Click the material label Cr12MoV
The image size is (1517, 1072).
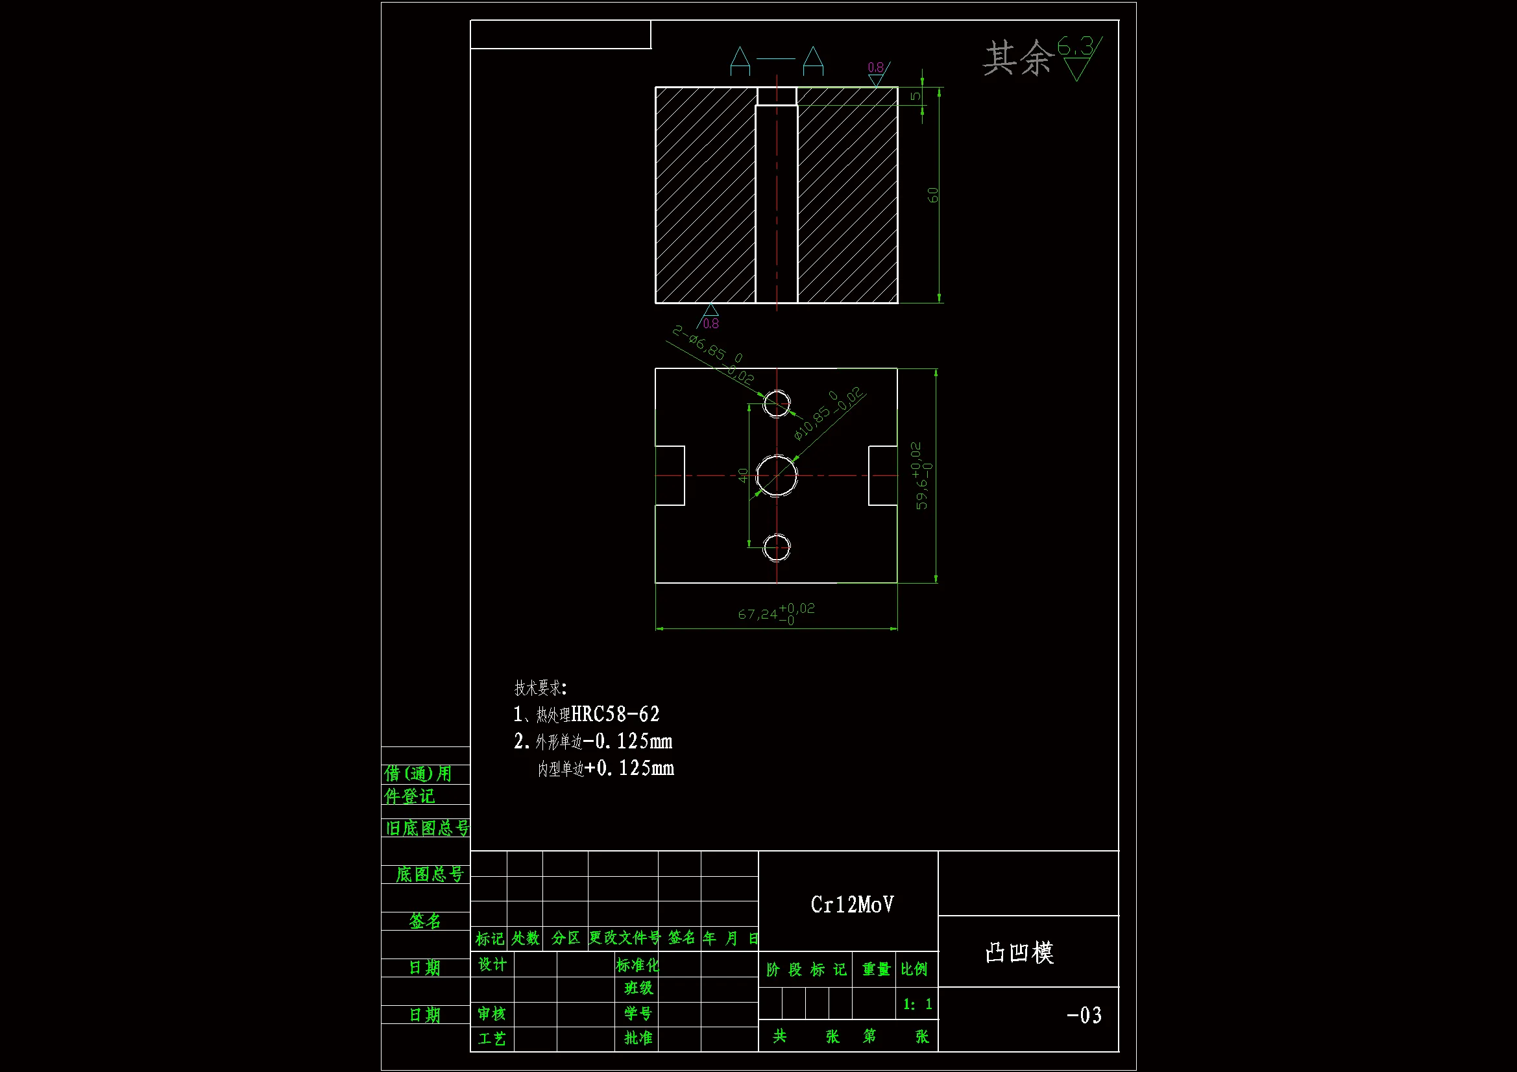tap(852, 904)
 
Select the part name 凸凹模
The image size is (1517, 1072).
tap(1019, 953)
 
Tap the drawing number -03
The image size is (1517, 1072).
tap(1084, 1015)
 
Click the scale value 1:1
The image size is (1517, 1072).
tap(917, 1004)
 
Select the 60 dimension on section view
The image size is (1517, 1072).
tap(932, 195)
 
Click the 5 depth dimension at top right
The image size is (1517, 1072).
tap(915, 96)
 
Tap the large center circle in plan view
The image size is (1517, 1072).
tap(776, 475)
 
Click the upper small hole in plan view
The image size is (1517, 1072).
tap(776, 403)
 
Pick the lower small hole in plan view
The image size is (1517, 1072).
tap(776, 547)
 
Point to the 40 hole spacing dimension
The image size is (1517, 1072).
tap(743, 475)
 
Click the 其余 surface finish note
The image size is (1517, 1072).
tap(1017, 58)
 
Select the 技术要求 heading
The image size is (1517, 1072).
tap(540, 687)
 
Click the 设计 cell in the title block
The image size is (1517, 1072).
tap(492, 964)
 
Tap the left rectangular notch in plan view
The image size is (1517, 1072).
tap(670, 475)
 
